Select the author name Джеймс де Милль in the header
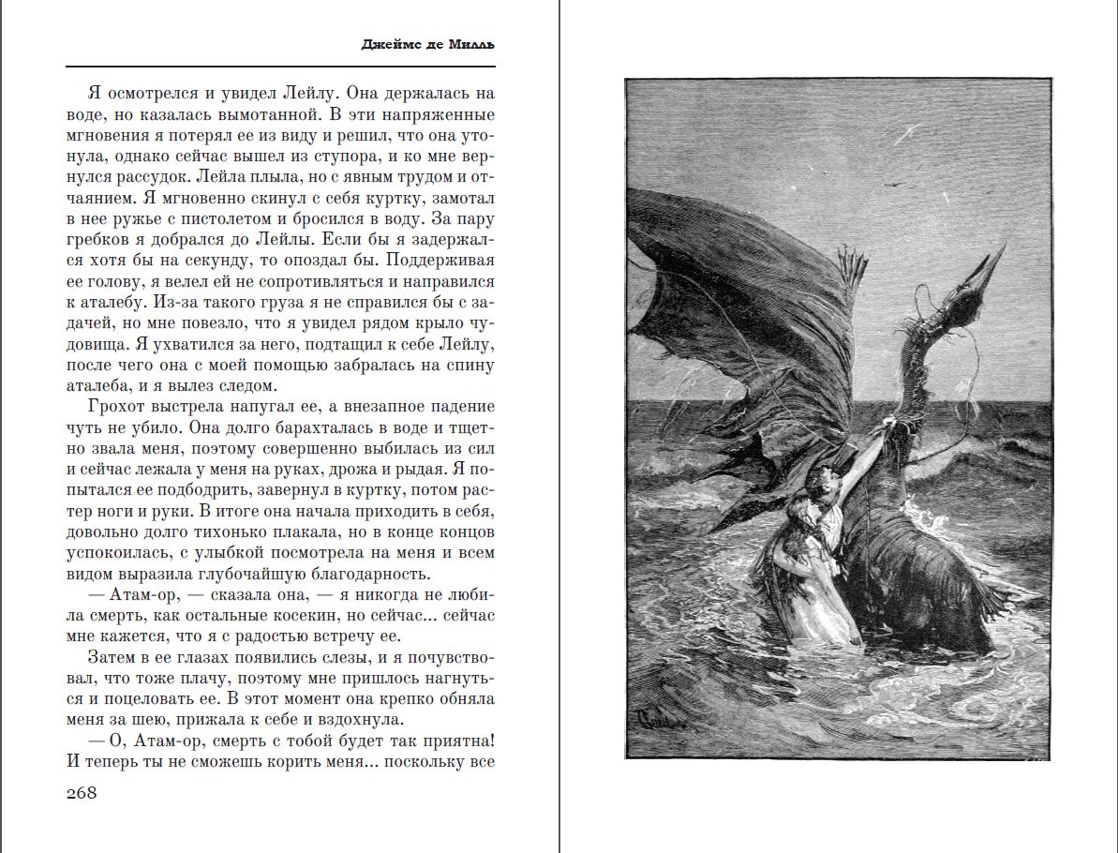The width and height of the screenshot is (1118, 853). point(427,45)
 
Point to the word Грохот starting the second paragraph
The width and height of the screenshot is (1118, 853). point(115,406)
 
